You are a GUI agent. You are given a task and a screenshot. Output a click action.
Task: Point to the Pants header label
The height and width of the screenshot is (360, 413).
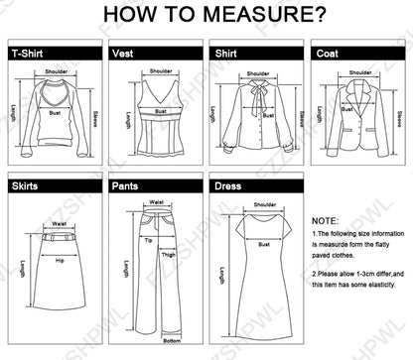(x=126, y=185)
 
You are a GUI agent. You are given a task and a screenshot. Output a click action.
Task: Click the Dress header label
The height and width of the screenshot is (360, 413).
(x=227, y=185)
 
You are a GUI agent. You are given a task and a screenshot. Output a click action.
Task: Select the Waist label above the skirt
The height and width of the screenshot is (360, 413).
(x=60, y=224)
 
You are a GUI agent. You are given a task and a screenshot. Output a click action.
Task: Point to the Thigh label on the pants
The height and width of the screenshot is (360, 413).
(x=168, y=254)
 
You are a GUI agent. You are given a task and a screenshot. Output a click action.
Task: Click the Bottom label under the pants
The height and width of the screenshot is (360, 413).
(x=156, y=342)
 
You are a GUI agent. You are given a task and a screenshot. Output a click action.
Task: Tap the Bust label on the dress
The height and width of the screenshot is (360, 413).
(x=264, y=243)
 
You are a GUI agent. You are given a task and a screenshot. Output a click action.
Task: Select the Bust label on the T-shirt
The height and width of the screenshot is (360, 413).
(x=56, y=112)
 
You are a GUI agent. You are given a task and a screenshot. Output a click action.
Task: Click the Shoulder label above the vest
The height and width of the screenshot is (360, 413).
(x=160, y=71)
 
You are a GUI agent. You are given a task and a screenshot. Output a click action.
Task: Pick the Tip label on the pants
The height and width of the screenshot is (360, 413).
(x=147, y=239)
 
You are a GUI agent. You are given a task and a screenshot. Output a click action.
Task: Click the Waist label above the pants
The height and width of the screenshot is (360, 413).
(x=156, y=201)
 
